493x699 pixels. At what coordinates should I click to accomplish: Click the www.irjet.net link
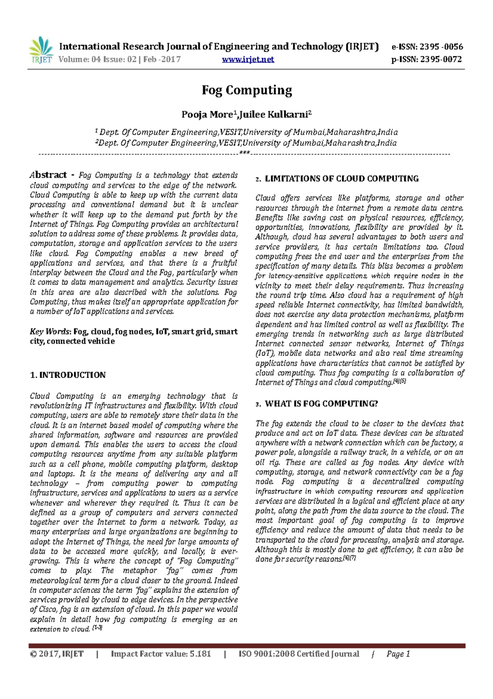click(x=248, y=60)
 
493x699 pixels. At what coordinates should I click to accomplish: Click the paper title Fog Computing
click(x=246, y=90)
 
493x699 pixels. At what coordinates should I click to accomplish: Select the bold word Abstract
click(x=48, y=175)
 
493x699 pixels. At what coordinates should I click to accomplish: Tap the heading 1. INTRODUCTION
click(x=68, y=375)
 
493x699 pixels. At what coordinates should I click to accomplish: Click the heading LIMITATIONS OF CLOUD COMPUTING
click(x=341, y=179)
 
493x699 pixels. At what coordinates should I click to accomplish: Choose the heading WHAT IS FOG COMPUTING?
click(x=321, y=404)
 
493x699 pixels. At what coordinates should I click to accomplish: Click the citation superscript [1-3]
click(x=97, y=628)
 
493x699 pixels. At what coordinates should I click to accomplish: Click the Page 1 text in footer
click(x=398, y=654)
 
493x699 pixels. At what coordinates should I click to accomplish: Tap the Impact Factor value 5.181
click(x=200, y=654)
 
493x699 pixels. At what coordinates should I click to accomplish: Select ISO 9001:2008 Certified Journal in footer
click(x=299, y=654)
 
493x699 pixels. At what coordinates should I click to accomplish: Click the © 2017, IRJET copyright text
click(x=57, y=654)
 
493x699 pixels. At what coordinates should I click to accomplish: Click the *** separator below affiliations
click(x=244, y=153)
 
